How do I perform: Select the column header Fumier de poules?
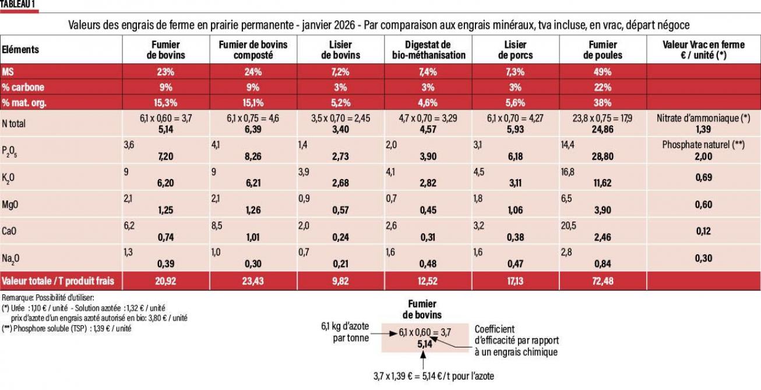pyautogui.click(x=603, y=50)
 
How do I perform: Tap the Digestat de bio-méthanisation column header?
pyautogui.click(x=428, y=50)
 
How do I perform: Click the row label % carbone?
pyautogui.click(x=23, y=87)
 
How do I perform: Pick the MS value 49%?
pyautogui.click(x=603, y=72)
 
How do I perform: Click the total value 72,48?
pyautogui.click(x=603, y=281)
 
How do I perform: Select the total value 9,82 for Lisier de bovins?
pyautogui.click(x=341, y=281)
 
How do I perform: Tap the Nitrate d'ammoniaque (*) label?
pyautogui.click(x=704, y=117)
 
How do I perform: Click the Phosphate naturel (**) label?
pyautogui.click(x=704, y=144)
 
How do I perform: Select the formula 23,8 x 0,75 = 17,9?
pyautogui.click(x=603, y=117)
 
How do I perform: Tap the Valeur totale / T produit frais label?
pyautogui.click(x=58, y=281)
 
